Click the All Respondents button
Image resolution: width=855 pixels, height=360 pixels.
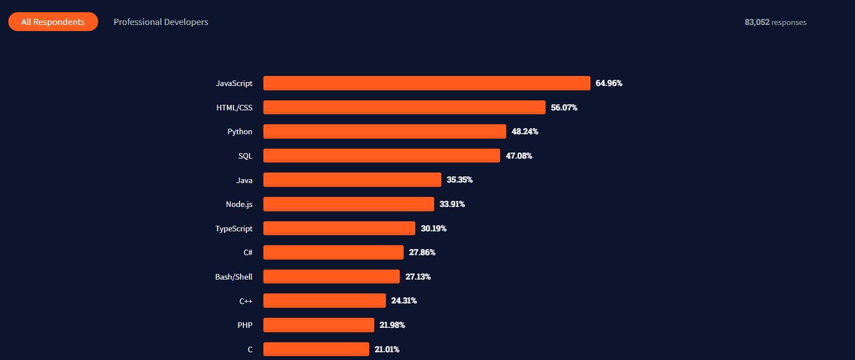[x=53, y=22]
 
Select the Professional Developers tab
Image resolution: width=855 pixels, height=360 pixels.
[x=161, y=22]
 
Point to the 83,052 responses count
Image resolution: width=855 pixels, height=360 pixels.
[x=775, y=23]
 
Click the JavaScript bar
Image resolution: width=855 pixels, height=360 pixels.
[x=426, y=83]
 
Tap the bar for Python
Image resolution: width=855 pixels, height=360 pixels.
[x=384, y=131]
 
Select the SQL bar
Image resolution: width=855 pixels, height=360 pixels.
[x=381, y=156]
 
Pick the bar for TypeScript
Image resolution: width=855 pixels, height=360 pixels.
[x=339, y=229]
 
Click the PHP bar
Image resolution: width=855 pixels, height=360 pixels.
[x=318, y=325]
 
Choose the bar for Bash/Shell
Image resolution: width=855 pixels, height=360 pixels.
[x=331, y=277]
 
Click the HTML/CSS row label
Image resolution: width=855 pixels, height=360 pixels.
[x=234, y=108]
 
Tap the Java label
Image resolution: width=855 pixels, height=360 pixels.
[x=244, y=180]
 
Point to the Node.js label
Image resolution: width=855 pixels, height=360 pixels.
[x=239, y=204]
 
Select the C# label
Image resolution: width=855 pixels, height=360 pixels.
[x=248, y=252]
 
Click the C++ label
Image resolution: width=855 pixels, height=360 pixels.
[x=246, y=301]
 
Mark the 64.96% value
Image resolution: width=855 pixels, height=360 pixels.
[x=609, y=83]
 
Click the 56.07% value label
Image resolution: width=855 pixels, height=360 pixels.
[x=564, y=108]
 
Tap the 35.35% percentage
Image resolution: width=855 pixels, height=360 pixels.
[x=460, y=180]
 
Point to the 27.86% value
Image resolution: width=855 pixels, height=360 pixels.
[x=422, y=252]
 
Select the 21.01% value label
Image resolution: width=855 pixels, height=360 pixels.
[x=387, y=349]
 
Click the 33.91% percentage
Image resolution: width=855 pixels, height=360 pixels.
[x=452, y=204]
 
